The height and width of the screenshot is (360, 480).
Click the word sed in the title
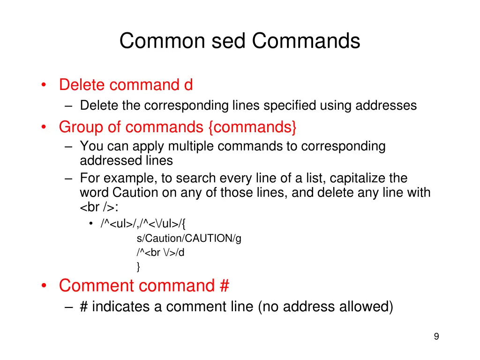228,41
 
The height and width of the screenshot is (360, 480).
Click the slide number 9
436,336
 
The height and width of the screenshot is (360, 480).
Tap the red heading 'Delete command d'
126,85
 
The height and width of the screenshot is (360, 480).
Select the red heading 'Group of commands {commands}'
178,127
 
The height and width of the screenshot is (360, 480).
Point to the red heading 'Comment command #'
144,285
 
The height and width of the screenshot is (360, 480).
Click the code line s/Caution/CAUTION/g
189,238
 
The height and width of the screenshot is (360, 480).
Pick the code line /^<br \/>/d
160,253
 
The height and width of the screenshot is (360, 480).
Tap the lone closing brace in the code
138,267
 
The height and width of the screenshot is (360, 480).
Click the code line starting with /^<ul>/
143,224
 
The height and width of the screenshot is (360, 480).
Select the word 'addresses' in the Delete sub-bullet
386,105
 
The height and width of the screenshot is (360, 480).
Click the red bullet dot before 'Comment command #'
44,285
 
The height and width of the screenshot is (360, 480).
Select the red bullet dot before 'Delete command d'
44,85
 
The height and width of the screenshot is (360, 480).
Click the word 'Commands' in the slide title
306,41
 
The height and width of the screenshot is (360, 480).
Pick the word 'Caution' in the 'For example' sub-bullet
135,193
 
